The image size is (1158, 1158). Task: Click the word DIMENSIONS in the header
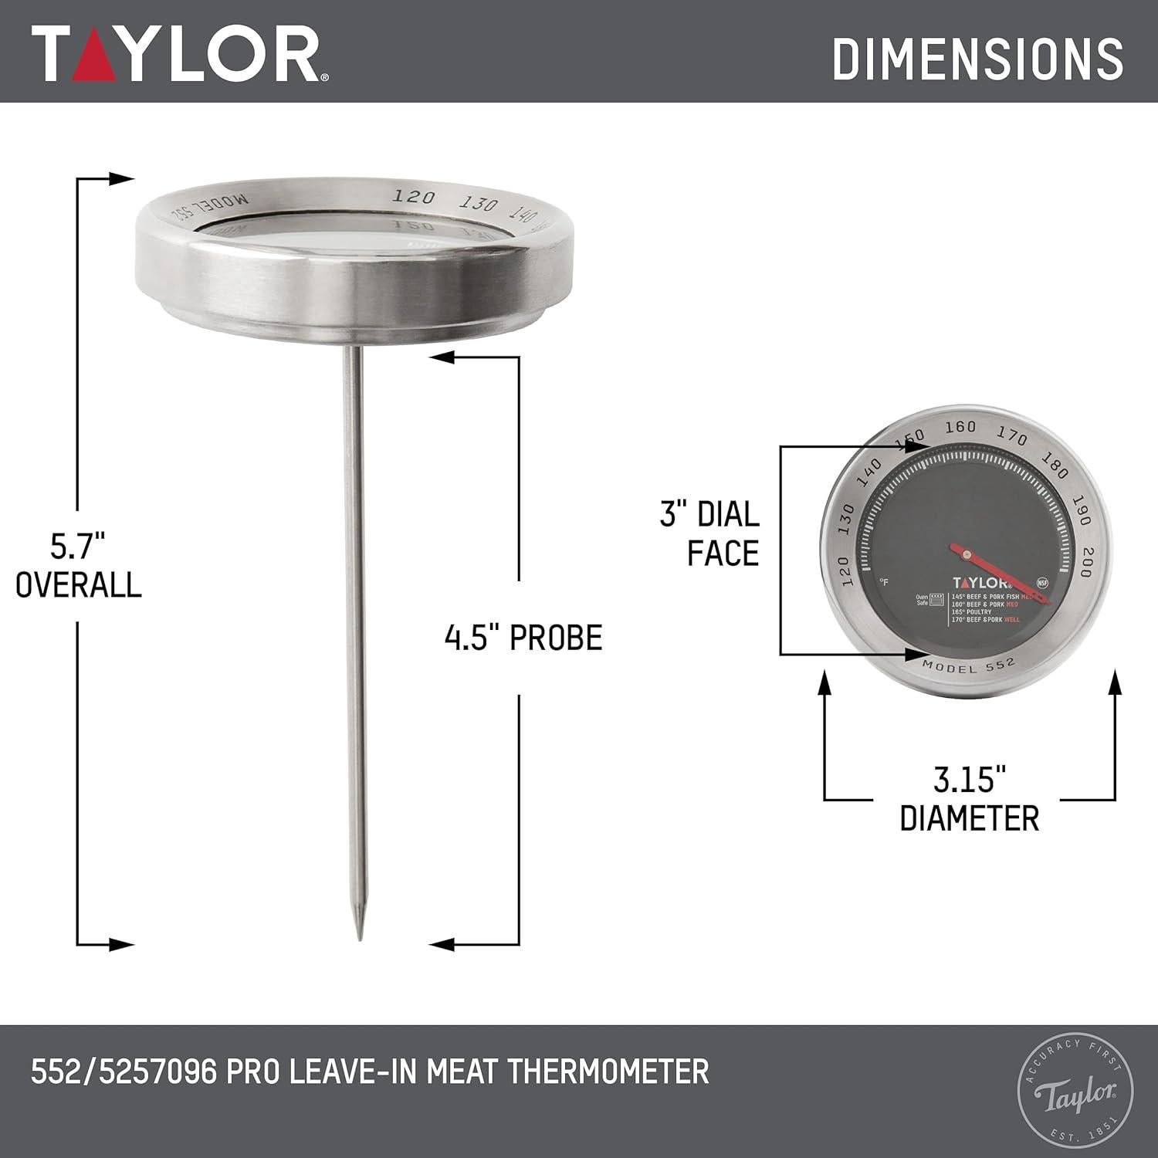(x=977, y=58)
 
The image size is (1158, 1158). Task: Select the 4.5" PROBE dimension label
(x=523, y=638)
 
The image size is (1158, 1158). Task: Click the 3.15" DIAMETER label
(x=970, y=798)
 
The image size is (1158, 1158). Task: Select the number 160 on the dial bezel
(x=960, y=427)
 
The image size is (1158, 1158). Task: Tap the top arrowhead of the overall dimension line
(x=124, y=179)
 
